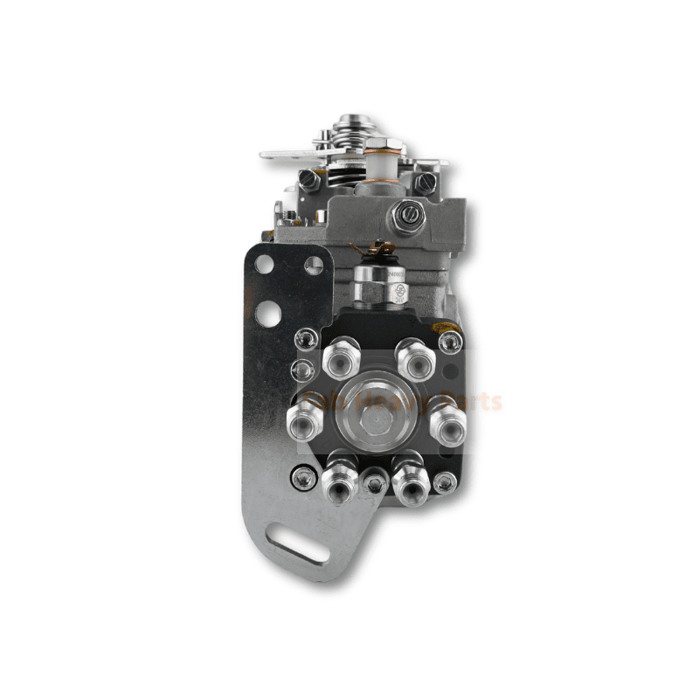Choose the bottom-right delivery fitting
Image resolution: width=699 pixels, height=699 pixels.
tap(408, 477)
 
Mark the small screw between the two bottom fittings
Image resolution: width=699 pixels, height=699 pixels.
tap(374, 480)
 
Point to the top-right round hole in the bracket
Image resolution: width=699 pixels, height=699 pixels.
tap(312, 265)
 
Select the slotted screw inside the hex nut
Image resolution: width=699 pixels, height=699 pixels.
tap(405, 216)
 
